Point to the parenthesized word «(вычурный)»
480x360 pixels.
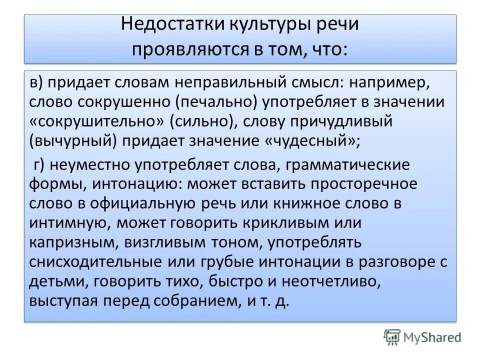point(74,141)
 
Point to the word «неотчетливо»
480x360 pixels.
point(333,281)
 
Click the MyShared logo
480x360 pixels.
point(422,337)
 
